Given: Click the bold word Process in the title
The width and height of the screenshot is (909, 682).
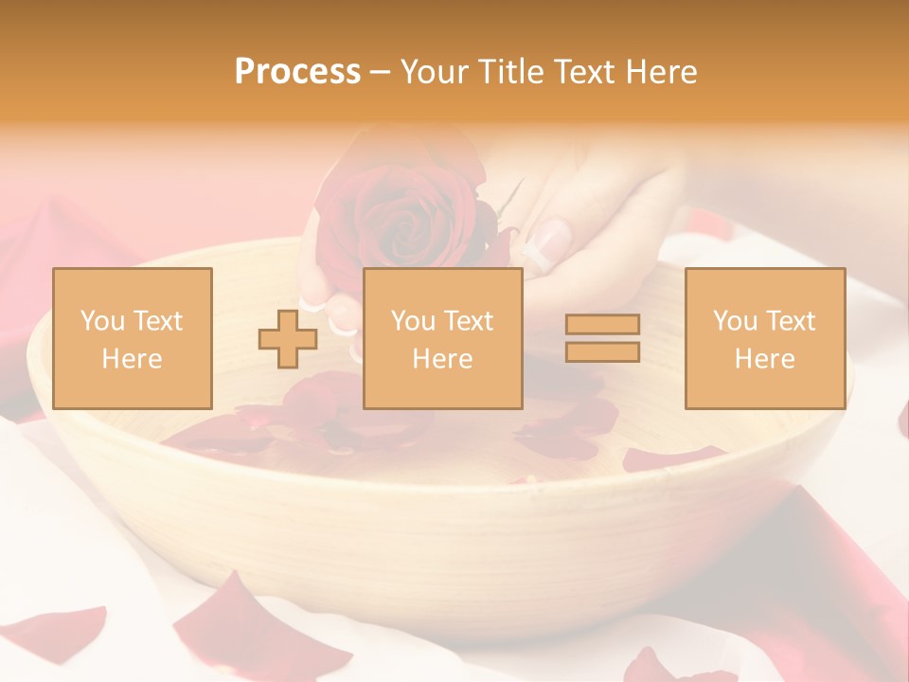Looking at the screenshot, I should pos(297,72).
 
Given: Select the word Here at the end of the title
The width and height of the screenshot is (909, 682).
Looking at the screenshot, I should pos(661,72).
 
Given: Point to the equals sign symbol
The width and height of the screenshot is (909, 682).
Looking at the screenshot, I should pos(602,338).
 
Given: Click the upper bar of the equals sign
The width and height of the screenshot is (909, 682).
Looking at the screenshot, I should pos(602,325).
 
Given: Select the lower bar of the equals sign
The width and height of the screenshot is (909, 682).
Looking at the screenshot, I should pos(602,351).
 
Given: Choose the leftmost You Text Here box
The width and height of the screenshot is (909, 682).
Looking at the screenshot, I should pos(132,338).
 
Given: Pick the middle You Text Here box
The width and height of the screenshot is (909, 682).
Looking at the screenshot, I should pos(442,338).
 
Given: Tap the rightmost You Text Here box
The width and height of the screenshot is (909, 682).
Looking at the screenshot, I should pos(764,338).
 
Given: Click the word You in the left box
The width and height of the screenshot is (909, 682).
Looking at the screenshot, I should pos(101,321).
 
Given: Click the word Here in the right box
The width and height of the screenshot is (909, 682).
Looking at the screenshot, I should pos(764,359).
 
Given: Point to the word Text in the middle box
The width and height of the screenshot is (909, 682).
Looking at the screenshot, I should pos(470,321).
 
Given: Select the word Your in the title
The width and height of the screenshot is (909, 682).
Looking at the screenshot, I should pos(434,72).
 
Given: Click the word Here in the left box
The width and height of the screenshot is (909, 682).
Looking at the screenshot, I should pos(132,359).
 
